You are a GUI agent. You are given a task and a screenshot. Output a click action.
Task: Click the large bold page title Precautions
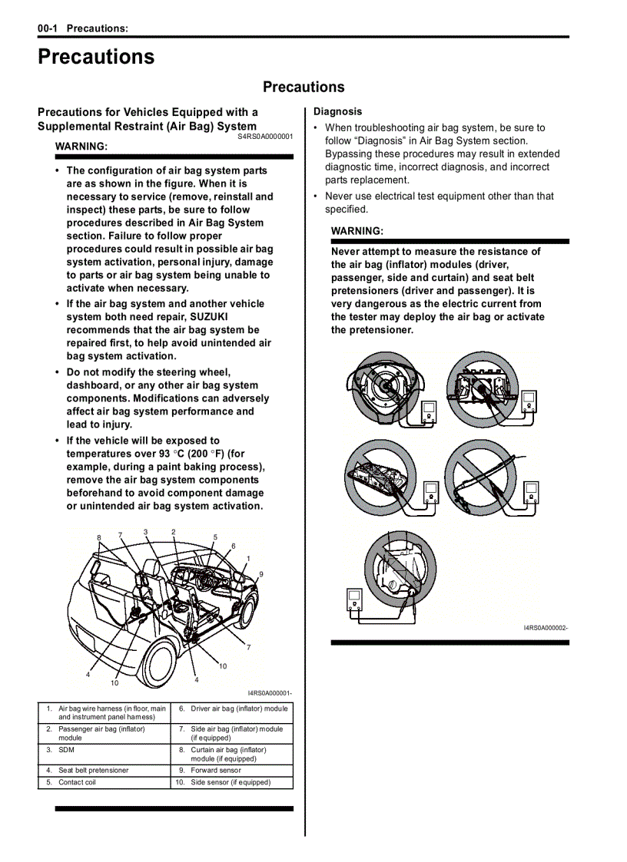click(96, 58)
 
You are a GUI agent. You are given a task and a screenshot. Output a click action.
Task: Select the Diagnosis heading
click(337, 111)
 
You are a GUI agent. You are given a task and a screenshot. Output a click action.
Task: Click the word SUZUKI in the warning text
click(209, 317)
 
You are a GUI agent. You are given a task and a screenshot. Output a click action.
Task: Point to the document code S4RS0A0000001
click(265, 136)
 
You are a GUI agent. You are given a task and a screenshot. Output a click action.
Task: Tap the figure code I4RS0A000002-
click(546, 628)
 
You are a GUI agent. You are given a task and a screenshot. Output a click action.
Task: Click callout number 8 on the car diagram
click(99, 537)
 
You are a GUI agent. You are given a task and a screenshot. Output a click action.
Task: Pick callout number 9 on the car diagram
click(260, 574)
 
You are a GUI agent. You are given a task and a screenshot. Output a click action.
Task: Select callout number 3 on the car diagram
click(145, 532)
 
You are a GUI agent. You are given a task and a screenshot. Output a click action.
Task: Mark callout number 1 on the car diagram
click(248, 558)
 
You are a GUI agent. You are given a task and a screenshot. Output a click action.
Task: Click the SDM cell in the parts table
click(66, 750)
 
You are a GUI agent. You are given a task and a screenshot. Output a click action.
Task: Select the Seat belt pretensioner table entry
click(93, 770)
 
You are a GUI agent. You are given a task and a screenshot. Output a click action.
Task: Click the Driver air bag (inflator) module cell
click(239, 708)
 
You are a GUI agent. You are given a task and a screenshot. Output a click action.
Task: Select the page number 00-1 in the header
click(48, 28)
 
